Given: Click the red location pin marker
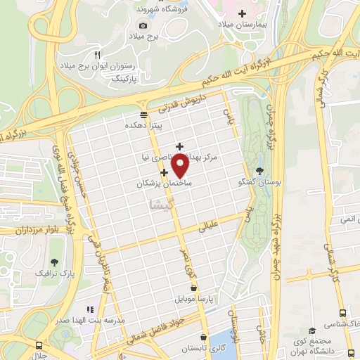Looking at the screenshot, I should pos(180,165).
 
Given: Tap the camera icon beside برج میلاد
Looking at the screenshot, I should pos(143,25).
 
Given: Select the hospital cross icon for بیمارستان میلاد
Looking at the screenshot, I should pos(243,13).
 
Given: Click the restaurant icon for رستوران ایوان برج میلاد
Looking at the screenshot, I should pos(98,54).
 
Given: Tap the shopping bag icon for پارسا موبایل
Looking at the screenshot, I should pos(195,288).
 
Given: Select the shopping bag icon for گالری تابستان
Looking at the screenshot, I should pos(203,337).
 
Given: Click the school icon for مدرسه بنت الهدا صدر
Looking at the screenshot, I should pos(90,309).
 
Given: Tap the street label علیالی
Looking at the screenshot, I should pos(211,227).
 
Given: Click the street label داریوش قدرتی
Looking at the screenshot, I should pos(176,103).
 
